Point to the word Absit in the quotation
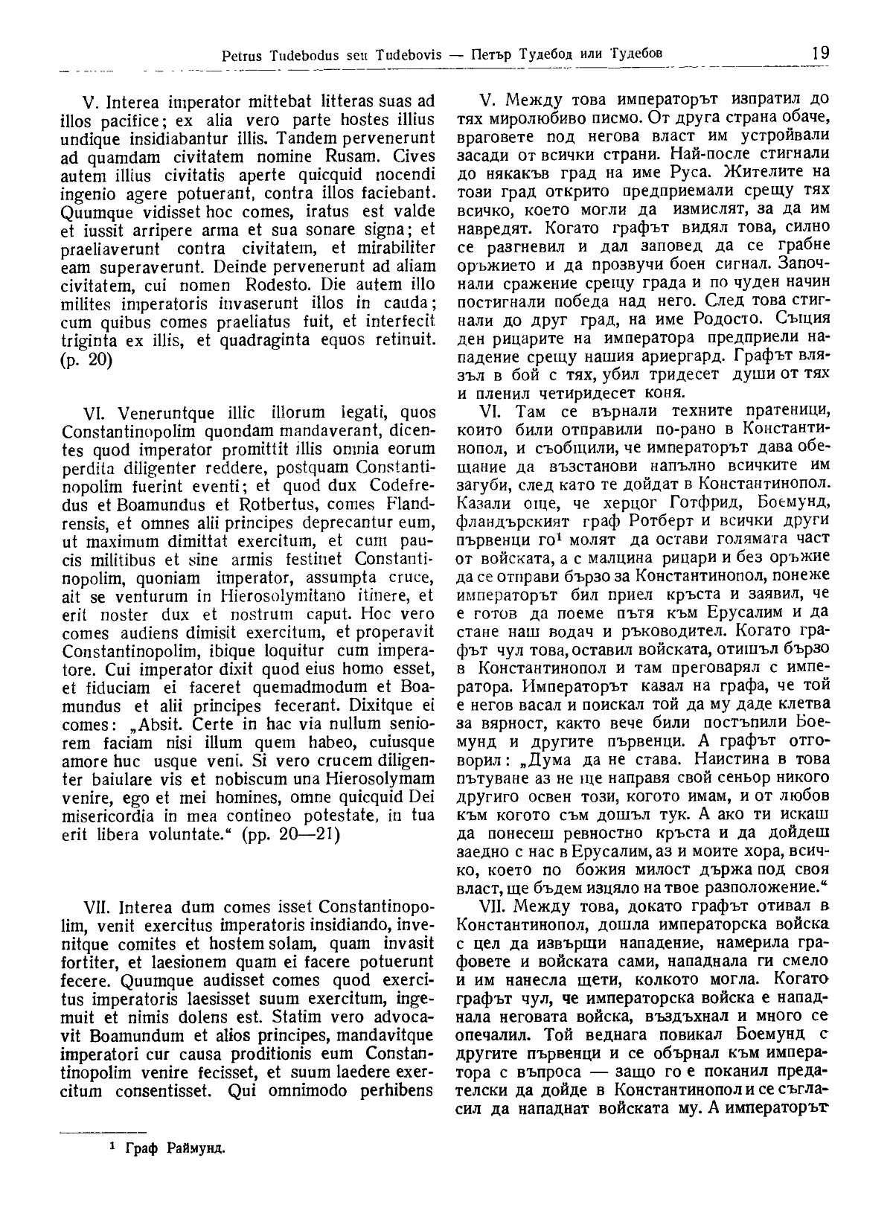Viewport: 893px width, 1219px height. [157, 723]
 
